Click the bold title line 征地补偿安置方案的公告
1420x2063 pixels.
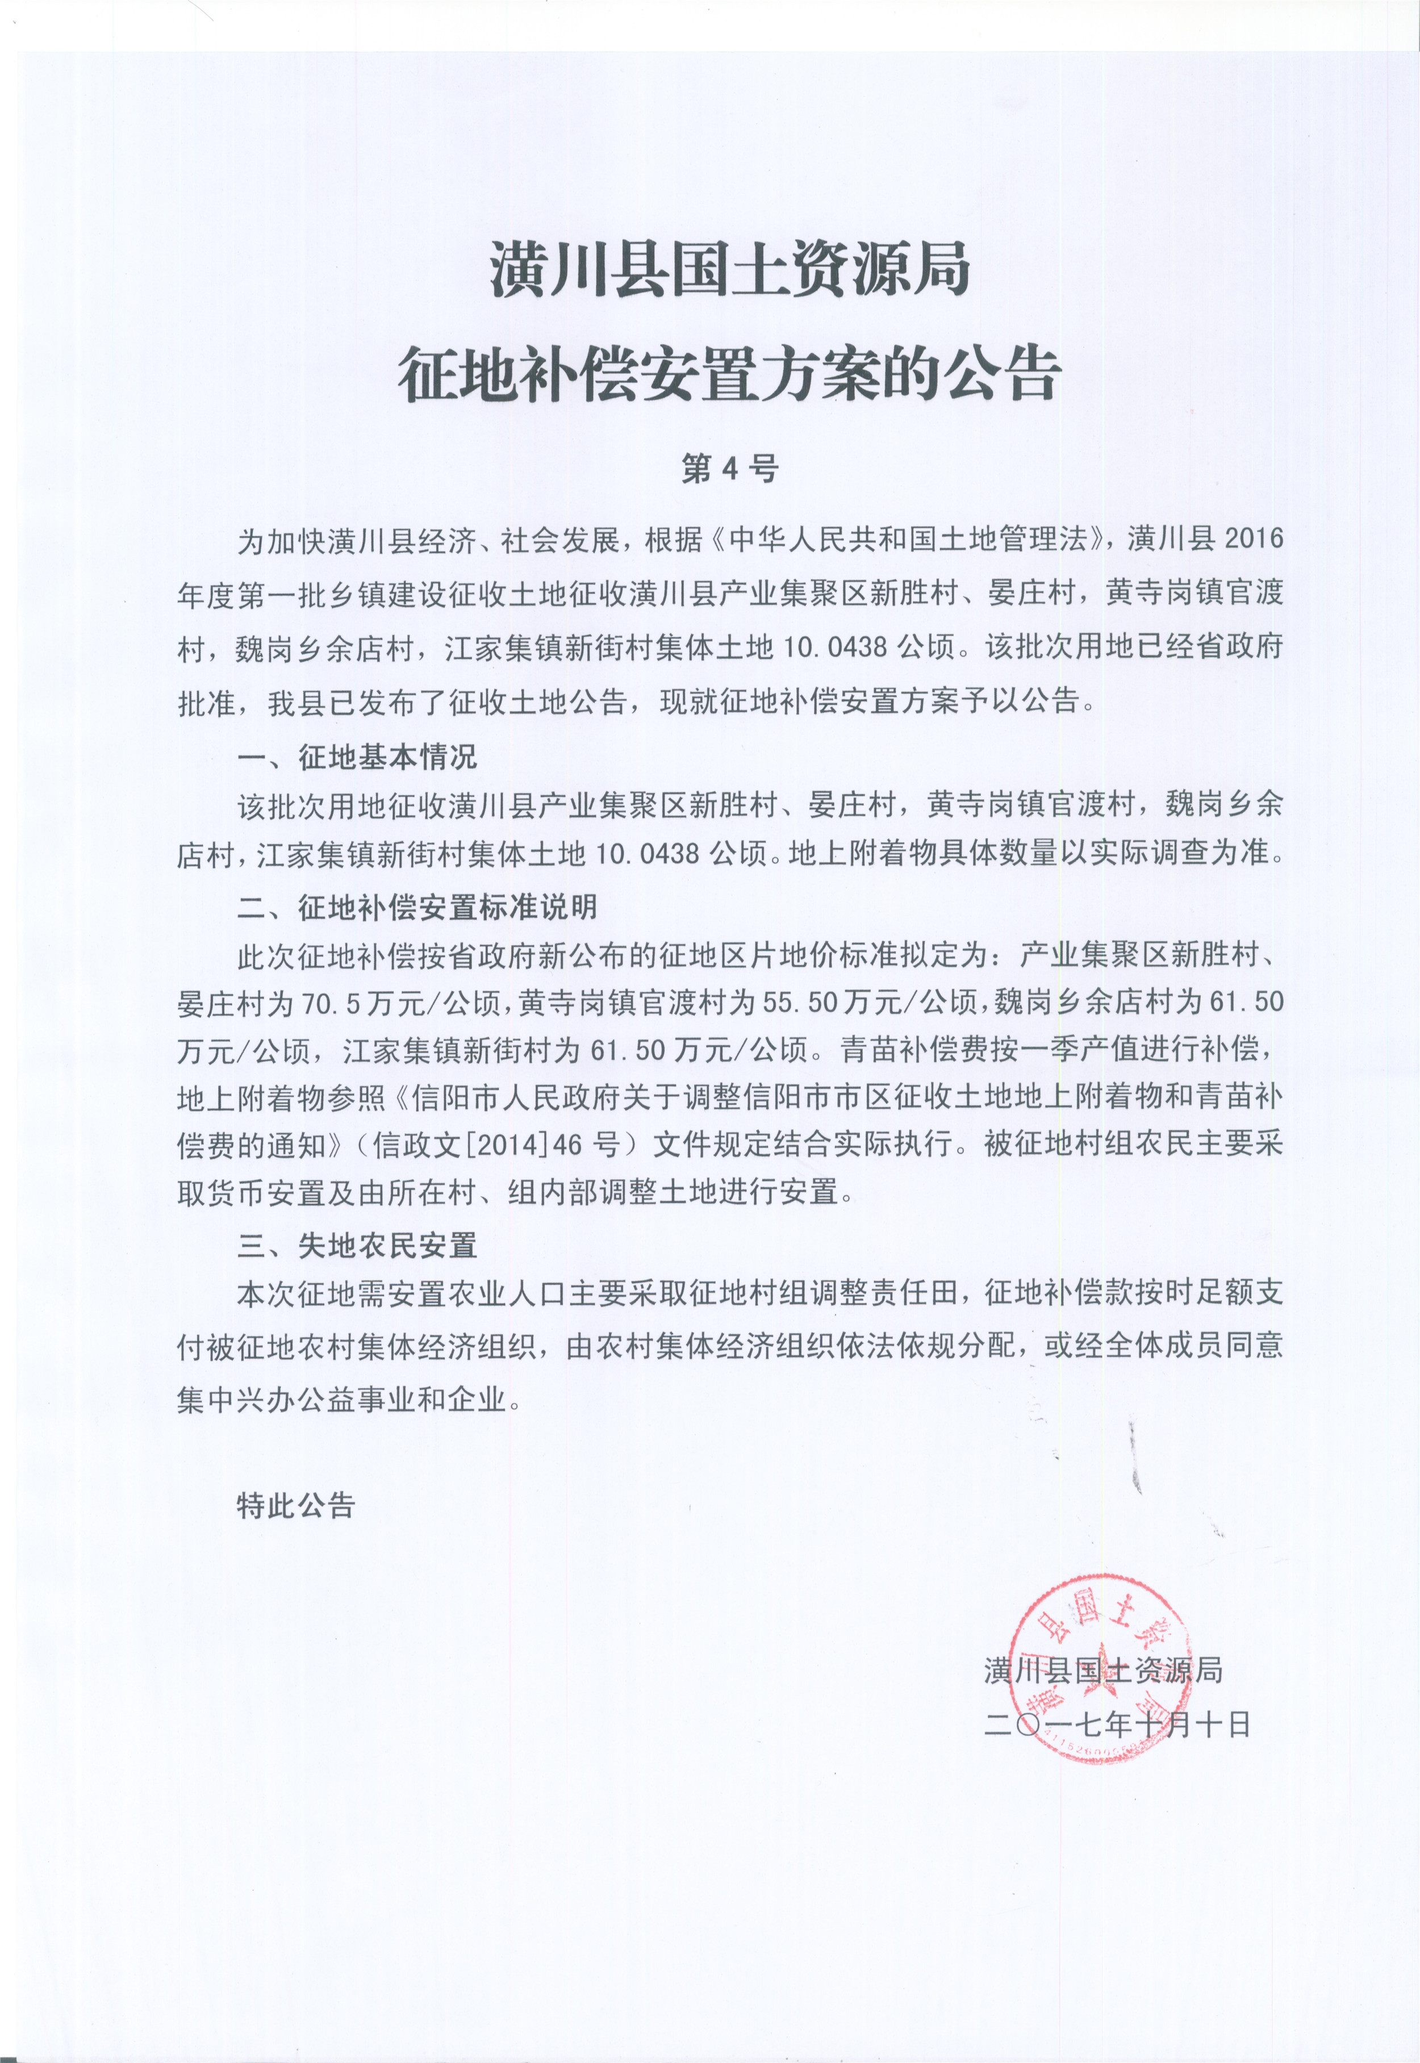(x=729, y=374)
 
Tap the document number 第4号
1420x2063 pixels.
(x=729, y=469)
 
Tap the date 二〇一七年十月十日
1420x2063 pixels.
(x=1117, y=1726)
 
